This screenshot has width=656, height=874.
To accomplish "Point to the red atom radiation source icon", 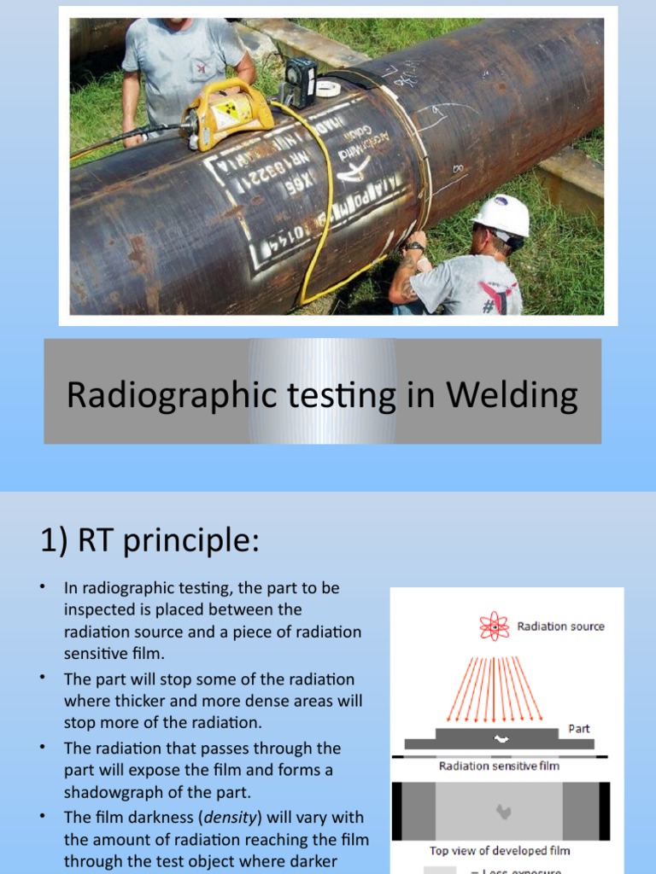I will (494, 626).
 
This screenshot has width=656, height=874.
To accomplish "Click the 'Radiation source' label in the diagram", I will (560, 626).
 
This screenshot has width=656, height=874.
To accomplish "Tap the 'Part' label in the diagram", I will (579, 729).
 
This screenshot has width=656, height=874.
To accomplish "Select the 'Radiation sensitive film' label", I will (499, 766).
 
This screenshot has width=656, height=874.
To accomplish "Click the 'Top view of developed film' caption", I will (499, 850).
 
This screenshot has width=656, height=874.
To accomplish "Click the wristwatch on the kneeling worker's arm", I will (415, 247).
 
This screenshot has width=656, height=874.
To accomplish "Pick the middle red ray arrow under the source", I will (495, 687).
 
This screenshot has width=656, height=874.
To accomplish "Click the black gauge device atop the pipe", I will (299, 82).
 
